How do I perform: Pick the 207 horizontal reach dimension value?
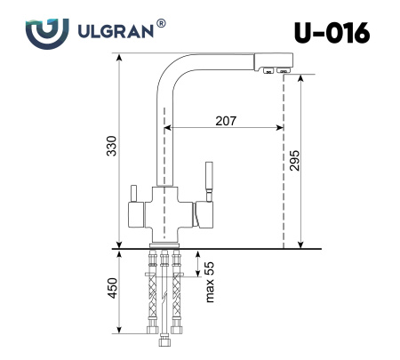coord(226,121)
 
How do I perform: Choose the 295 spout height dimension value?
coord(294,160)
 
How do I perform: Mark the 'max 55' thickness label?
coord(211,282)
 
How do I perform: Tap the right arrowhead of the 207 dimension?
coord(280,130)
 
